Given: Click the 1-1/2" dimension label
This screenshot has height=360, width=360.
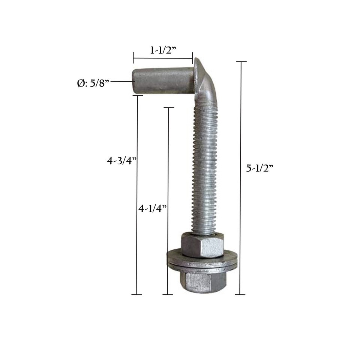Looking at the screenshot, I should (x=163, y=50).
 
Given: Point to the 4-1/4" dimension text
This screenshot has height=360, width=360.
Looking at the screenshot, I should (x=152, y=209).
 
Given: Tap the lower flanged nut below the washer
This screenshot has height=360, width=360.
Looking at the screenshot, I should (x=202, y=281).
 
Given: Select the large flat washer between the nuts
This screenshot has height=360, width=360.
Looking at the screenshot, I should (x=202, y=262).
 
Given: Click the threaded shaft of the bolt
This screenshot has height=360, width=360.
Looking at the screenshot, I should (x=204, y=169).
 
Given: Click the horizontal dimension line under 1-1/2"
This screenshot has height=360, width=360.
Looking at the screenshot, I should (x=163, y=58).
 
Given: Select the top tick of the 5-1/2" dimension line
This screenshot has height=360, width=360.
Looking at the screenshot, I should (x=241, y=61).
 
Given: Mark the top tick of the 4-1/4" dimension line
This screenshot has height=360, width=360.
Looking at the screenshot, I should (x=169, y=108).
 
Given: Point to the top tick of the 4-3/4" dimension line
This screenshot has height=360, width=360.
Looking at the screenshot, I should (x=138, y=96).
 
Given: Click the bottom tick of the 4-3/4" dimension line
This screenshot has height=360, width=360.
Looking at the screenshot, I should (x=136, y=294).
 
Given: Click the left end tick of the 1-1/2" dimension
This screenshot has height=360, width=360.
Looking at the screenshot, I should (x=133, y=58).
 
